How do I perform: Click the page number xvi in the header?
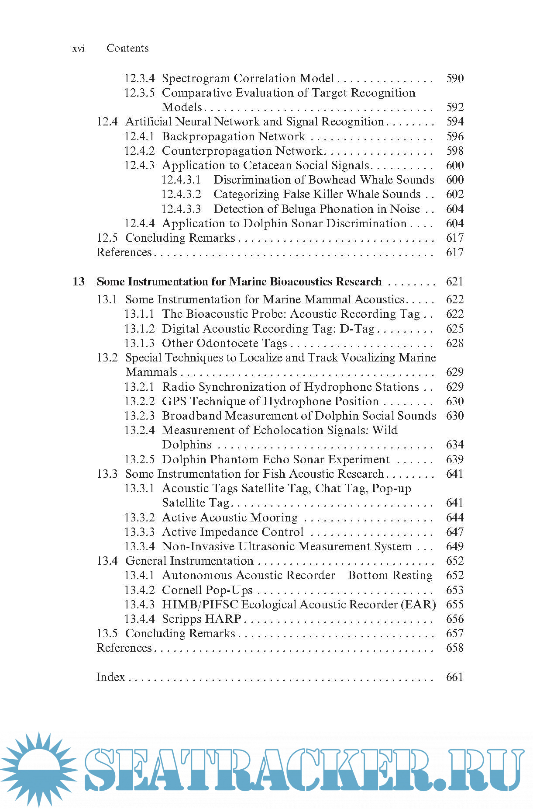pyautogui.click(x=79, y=49)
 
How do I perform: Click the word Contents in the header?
pyautogui.click(x=127, y=48)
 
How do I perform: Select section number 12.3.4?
pyautogui.click(x=139, y=79)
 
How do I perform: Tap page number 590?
pyautogui.click(x=455, y=79)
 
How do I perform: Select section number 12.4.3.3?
pyautogui.click(x=181, y=209)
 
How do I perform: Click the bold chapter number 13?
pyautogui.click(x=79, y=282)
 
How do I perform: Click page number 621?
pyautogui.click(x=455, y=282)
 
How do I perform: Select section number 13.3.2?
pyautogui.click(x=139, y=518)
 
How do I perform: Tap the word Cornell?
pyautogui.click(x=182, y=590)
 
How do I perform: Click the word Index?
pyautogui.click(x=110, y=677)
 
